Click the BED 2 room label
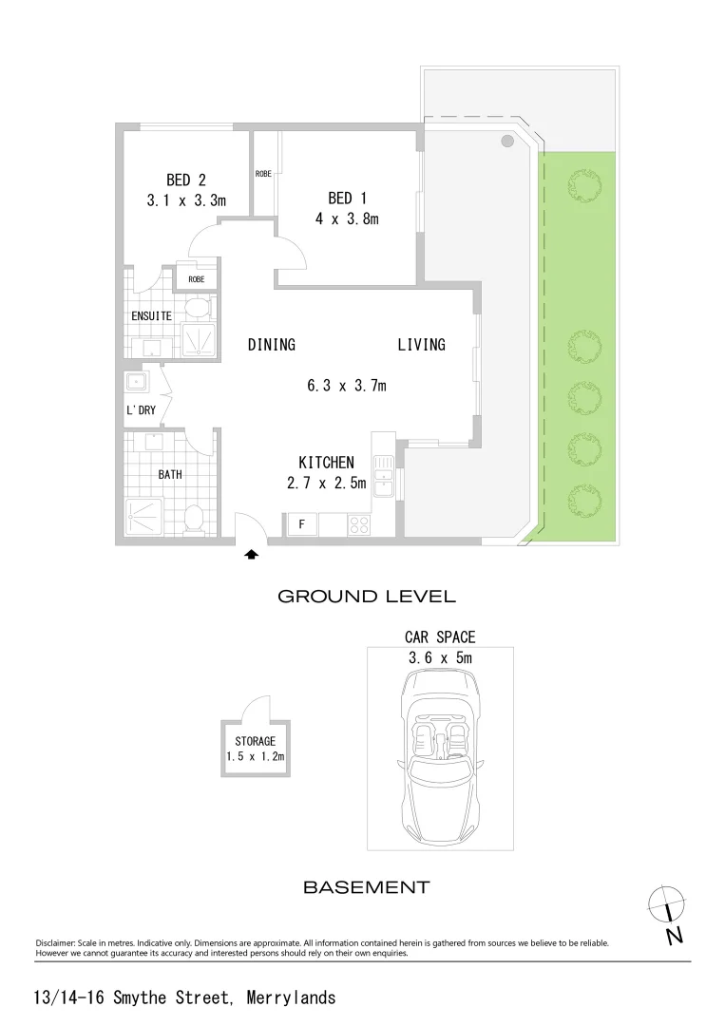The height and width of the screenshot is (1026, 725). coord(186,180)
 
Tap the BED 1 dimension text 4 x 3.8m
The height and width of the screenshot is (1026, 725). coord(347,219)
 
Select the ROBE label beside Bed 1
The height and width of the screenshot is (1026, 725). coord(263,174)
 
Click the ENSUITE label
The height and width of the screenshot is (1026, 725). coord(151,315)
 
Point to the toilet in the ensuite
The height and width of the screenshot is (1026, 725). coord(196,308)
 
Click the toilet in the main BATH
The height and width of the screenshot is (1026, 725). coord(195,519)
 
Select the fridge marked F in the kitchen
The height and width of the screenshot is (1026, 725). coord(301,524)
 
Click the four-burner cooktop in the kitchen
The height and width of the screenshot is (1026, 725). coord(360,523)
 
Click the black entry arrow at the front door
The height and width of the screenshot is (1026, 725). coord(252,554)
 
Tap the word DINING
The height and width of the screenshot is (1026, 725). coord(272,345)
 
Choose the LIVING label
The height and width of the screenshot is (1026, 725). coord(421,345)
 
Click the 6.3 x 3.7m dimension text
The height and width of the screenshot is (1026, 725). coord(346,386)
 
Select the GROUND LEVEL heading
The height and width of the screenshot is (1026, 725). coord(367,597)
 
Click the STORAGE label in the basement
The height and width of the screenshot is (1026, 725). coord(256,741)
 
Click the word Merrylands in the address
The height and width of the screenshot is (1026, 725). coord(291,998)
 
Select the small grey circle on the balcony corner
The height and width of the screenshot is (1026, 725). coord(507,141)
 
